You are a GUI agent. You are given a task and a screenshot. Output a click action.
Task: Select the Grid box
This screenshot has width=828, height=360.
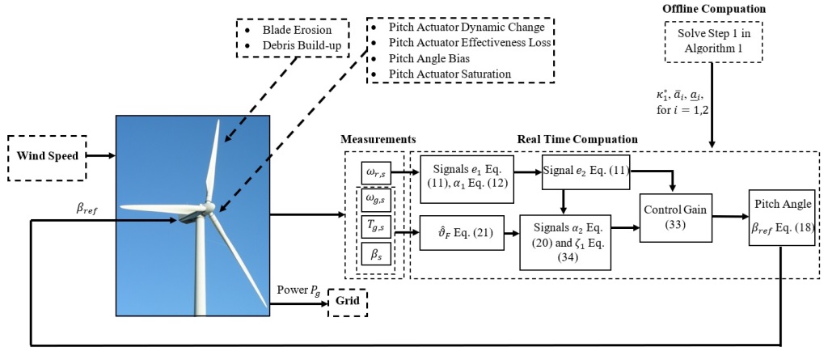pyautogui.click(x=347, y=303)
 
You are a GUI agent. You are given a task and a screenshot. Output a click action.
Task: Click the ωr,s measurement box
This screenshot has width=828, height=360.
pyautogui.click(x=375, y=172)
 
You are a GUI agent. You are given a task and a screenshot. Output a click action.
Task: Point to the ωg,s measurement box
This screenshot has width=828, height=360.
pyautogui.click(x=376, y=199)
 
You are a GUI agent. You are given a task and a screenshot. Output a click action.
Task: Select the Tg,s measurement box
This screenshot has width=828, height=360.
pyautogui.click(x=376, y=226)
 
